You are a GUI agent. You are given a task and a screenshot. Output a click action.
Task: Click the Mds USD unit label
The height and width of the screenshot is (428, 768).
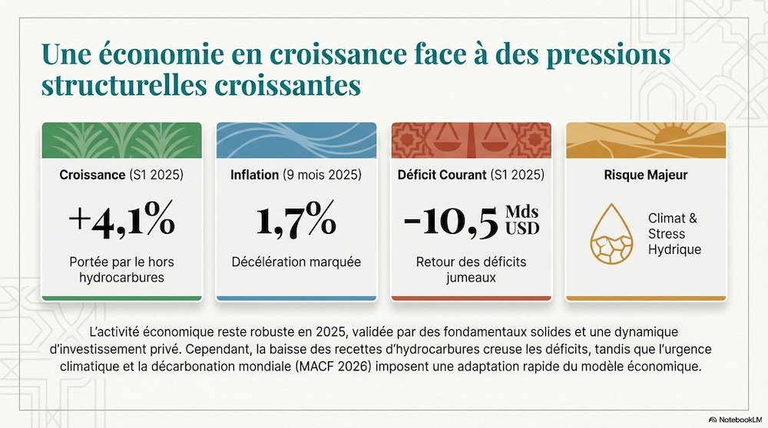click(x=522, y=220)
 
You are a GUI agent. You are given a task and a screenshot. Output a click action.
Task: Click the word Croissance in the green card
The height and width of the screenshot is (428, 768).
click(x=92, y=175)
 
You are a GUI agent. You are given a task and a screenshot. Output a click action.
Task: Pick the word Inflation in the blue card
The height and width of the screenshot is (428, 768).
click(x=255, y=175)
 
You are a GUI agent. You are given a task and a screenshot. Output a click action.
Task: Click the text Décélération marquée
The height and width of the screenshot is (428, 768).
click(x=296, y=262)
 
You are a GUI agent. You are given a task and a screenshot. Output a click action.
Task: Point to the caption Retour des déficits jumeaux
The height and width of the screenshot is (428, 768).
click(x=471, y=269)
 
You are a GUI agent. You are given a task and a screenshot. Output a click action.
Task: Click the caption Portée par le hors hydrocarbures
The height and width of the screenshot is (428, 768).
click(x=122, y=269)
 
